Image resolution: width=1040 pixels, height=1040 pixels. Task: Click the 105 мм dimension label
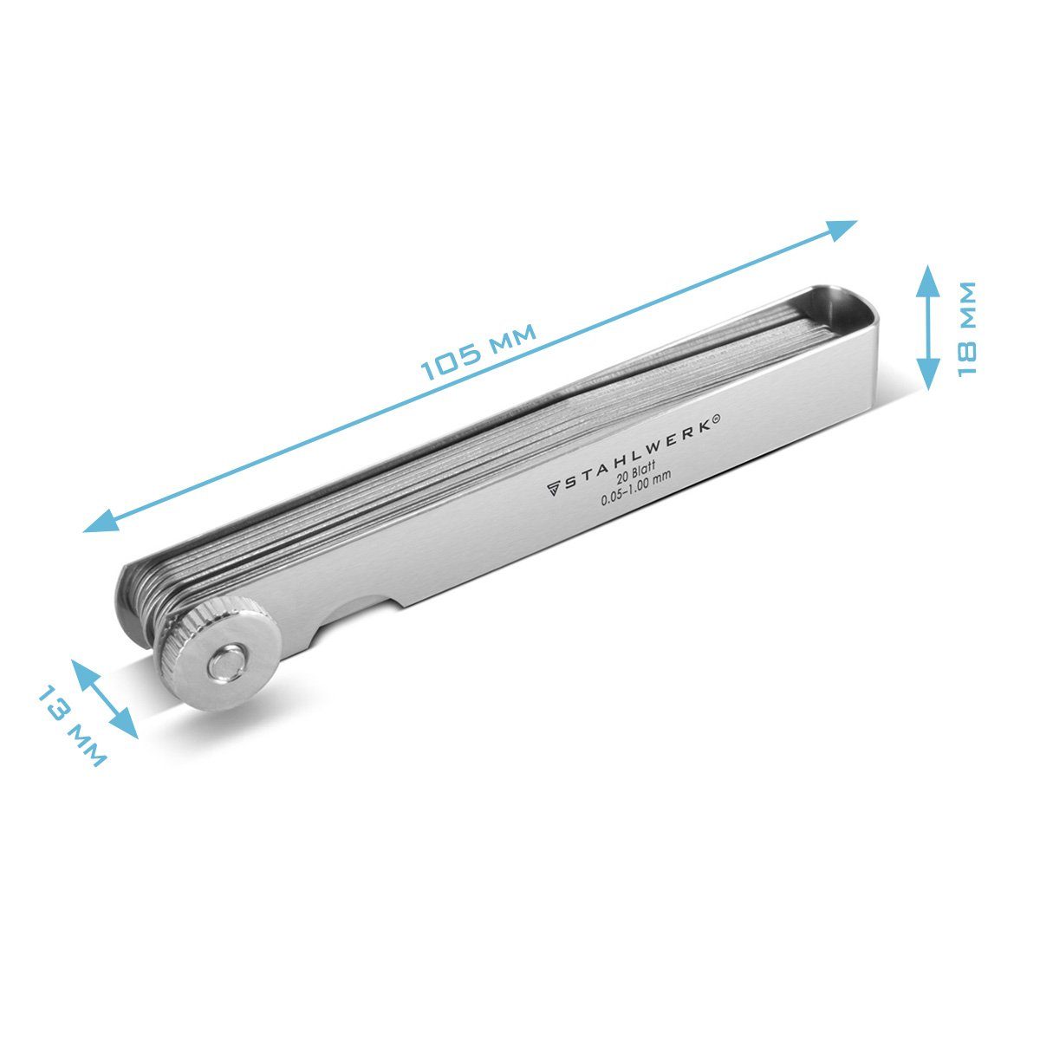[x=478, y=352]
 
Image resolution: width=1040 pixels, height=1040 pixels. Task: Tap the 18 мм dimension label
[x=966, y=328]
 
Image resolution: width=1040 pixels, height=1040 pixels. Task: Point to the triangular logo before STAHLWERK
[x=553, y=489]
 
